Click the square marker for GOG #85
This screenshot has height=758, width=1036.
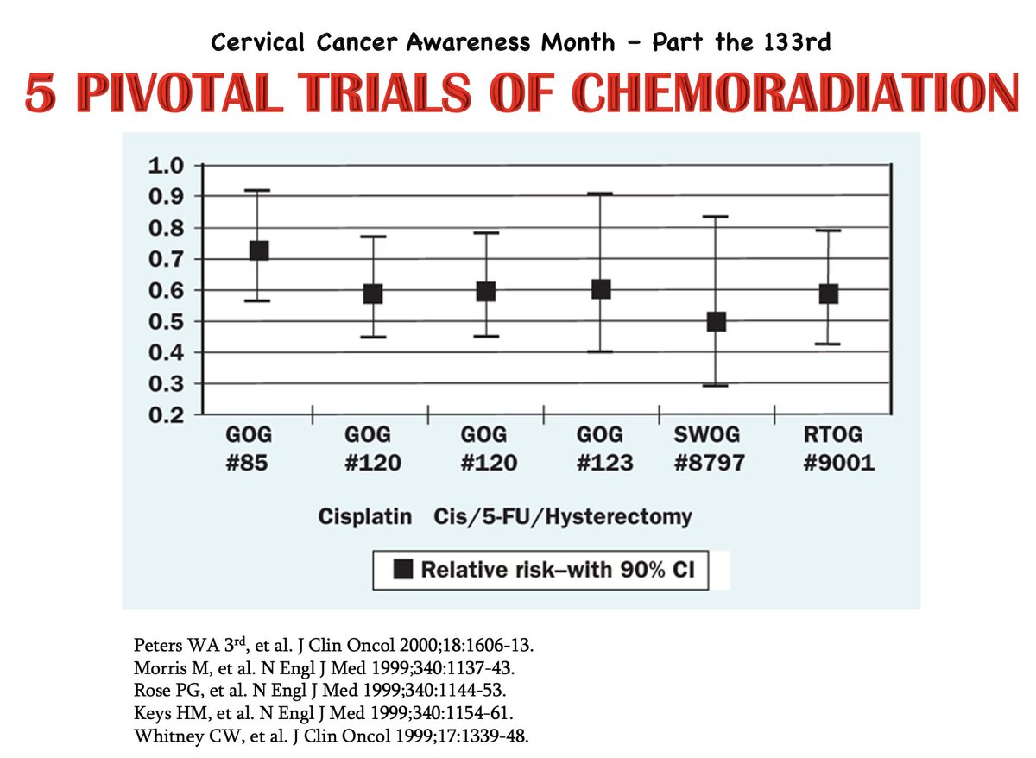coord(258,250)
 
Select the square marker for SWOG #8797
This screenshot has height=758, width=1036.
coord(716,321)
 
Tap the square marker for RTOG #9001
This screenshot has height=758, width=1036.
coord(829,294)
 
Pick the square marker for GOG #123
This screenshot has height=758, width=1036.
coord(601,288)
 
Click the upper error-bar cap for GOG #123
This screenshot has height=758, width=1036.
coord(601,193)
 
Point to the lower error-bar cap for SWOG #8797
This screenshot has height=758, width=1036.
coord(716,385)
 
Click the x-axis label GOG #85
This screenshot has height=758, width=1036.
coord(246,448)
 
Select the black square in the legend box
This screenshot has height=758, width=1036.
coord(403,570)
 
